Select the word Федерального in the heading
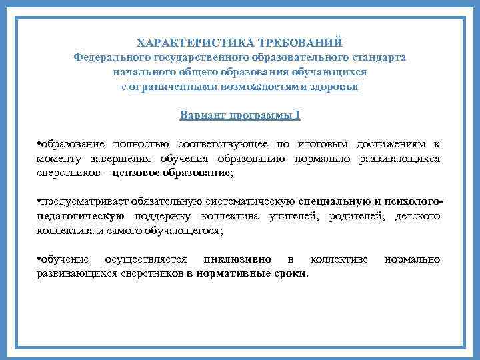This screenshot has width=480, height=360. point(113,57)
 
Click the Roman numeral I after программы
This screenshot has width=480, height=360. point(298,115)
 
